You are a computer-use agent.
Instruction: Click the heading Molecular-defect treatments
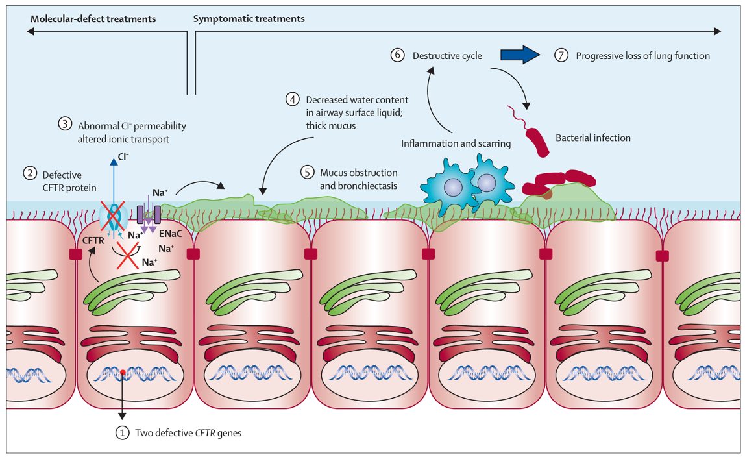[93, 19]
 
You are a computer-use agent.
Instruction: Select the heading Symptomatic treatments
[249, 19]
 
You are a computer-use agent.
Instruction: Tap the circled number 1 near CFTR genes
[121, 433]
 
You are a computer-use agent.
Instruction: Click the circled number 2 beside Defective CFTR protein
[29, 173]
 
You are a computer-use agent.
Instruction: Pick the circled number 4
[293, 100]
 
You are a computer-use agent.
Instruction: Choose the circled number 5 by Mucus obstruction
[308, 173]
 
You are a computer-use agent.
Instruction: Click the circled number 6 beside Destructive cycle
[398, 56]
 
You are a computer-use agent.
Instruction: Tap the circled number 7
[561, 56]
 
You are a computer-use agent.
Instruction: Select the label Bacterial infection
[593, 138]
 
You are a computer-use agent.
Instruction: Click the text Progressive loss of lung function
[642, 56]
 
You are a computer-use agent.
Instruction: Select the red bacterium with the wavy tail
[536, 139]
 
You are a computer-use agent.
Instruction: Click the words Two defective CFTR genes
[188, 433]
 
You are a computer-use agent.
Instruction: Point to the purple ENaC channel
[149, 215]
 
